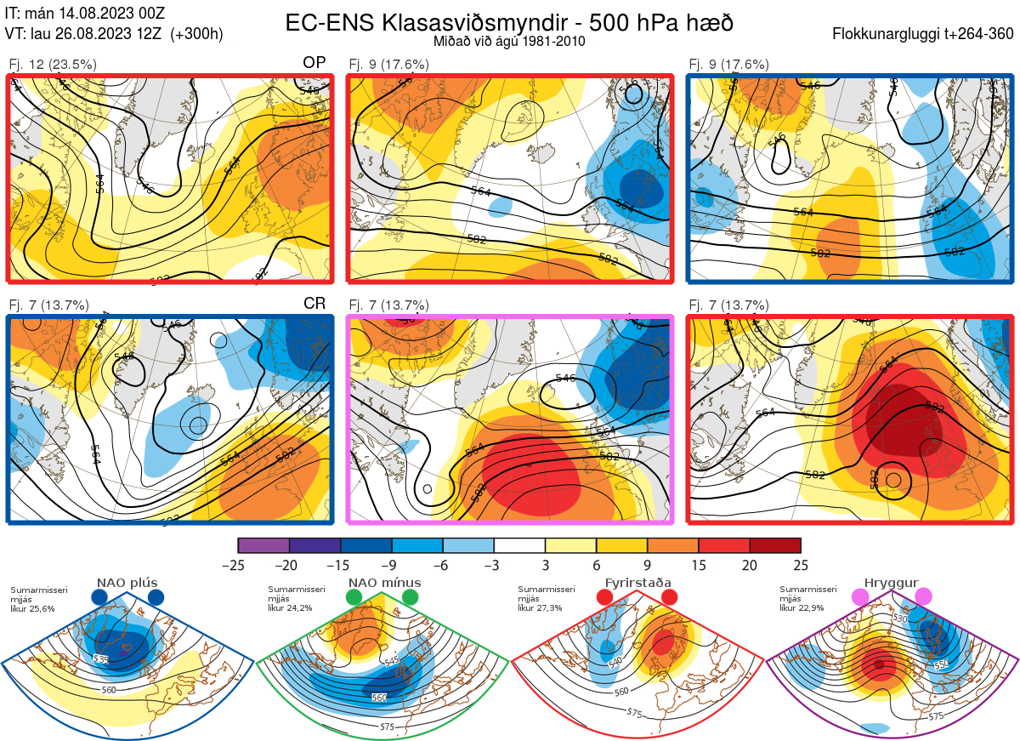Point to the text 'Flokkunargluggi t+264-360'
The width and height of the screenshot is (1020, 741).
click(925, 34)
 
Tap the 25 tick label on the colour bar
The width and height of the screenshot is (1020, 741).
click(800, 565)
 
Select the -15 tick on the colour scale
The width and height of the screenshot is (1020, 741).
click(340, 565)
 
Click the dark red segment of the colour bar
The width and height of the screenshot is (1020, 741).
click(775, 545)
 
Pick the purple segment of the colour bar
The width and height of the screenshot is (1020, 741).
click(263, 545)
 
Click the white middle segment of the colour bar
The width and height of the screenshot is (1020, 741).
click(519, 545)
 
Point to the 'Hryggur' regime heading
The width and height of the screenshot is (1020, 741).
click(892, 583)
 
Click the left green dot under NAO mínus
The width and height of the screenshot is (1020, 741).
click(354, 598)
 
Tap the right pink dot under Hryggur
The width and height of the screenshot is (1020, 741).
click(923, 598)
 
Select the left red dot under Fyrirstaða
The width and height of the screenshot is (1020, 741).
click(605, 598)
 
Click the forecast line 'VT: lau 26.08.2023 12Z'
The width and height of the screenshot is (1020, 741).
click(114, 34)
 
